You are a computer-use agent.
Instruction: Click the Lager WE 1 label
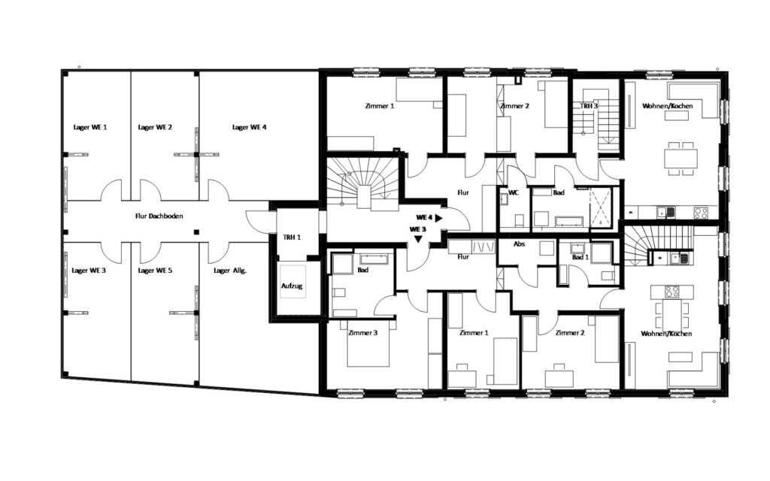[90, 127]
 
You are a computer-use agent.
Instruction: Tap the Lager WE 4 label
[250, 127]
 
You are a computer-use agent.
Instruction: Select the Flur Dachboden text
[159, 216]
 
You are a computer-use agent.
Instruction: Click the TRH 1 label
[292, 237]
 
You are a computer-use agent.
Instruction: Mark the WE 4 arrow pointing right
[438, 217]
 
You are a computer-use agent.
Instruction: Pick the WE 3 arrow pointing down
[418, 239]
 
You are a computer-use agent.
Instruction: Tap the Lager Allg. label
[230, 271]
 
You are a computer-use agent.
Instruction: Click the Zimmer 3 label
[363, 333]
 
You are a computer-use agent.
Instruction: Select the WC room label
[514, 192]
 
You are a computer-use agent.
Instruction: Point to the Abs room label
[519, 244]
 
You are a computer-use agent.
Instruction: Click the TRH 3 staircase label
[589, 106]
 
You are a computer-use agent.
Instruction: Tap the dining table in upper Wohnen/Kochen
[681, 159]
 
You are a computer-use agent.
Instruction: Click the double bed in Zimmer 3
[368, 343]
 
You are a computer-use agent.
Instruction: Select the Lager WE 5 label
[155, 271]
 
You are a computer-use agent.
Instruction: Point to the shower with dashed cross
[601, 208]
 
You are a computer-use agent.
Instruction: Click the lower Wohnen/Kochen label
[666, 334]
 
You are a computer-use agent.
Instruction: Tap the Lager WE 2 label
[155, 127]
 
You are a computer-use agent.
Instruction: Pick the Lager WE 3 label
[89, 271]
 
